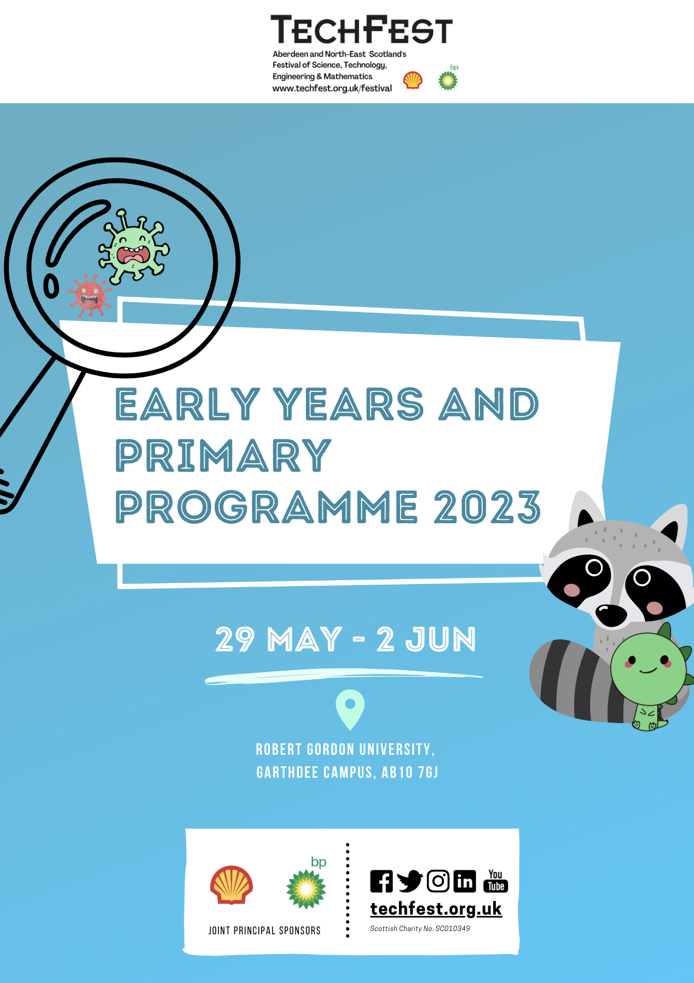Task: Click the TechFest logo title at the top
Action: point(362,30)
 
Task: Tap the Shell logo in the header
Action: point(413,80)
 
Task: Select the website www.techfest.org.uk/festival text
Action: point(332,88)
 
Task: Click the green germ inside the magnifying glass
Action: point(134,246)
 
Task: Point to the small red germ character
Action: point(90,296)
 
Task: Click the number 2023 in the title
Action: point(487,507)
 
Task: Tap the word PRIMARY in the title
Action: point(223,455)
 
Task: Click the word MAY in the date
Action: point(305,639)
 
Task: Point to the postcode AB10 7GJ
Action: point(410,772)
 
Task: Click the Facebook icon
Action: point(381,881)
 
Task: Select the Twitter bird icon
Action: point(409,881)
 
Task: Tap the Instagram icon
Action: point(438,881)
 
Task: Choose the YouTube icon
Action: point(496,881)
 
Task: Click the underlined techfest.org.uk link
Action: point(436,909)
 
